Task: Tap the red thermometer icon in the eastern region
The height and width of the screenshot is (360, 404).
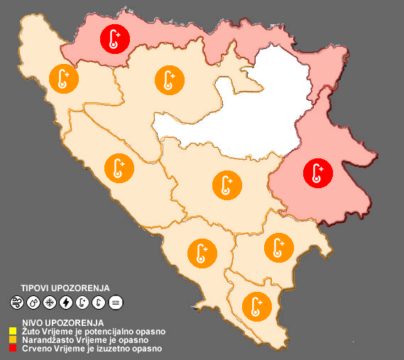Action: pyautogui.click(x=317, y=173)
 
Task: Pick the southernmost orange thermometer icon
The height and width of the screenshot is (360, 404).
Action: pyautogui.click(x=256, y=306)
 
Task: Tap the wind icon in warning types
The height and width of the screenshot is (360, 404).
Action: pyautogui.click(x=17, y=302)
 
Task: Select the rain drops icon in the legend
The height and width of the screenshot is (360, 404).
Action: pyautogui.click(x=33, y=302)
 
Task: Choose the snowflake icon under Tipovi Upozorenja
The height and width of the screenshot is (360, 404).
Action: pyautogui.click(x=50, y=302)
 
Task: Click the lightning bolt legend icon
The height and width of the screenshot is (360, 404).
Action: pyautogui.click(x=66, y=302)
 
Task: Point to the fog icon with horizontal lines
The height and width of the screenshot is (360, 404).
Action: pyautogui.click(x=116, y=302)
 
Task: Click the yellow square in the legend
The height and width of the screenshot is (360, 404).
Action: pyautogui.click(x=12, y=331)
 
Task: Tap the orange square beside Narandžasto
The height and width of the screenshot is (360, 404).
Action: pyautogui.click(x=12, y=339)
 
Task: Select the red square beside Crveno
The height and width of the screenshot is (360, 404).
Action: pyautogui.click(x=12, y=348)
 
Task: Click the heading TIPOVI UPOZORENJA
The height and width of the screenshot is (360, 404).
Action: pyautogui.click(x=65, y=288)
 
